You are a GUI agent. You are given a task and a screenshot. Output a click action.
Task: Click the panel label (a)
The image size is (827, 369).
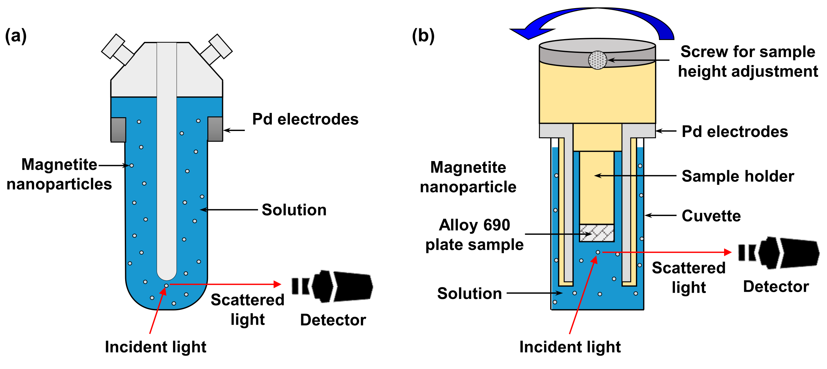tap(15, 36)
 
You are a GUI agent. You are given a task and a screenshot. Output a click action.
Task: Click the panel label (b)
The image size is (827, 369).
tap(423, 36)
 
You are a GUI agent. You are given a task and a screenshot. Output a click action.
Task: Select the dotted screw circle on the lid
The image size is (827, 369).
tap(597, 60)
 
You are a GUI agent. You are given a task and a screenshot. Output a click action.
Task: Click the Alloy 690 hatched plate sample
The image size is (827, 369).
tap(596, 233)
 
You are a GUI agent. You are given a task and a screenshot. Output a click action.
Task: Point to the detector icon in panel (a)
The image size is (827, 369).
tap(332, 286)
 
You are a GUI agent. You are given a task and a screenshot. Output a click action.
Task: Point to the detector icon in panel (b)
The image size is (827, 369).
tap(778, 253)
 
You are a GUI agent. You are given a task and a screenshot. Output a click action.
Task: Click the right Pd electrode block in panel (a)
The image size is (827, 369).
tap(215, 129)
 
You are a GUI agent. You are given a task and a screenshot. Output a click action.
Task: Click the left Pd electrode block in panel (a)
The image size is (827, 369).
tap(118, 130)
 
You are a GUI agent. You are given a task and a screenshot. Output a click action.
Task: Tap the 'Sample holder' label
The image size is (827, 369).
tap(738, 176)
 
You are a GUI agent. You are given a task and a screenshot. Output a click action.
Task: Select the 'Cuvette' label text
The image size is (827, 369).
tap(711, 216)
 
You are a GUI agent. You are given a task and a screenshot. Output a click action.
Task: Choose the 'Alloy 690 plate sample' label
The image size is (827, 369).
tap(474, 235)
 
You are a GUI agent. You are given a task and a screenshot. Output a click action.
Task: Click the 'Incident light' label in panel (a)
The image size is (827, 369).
tap(155, 347)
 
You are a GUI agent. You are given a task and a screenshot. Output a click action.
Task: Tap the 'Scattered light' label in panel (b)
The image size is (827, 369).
tap(689, 278)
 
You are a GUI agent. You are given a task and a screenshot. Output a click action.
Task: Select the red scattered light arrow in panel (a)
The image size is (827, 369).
tap(225, 284)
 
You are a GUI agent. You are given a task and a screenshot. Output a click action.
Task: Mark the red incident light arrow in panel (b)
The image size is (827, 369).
tap(582, 297)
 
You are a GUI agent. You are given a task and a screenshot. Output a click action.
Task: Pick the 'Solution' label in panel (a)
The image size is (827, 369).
tap(294, 210)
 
